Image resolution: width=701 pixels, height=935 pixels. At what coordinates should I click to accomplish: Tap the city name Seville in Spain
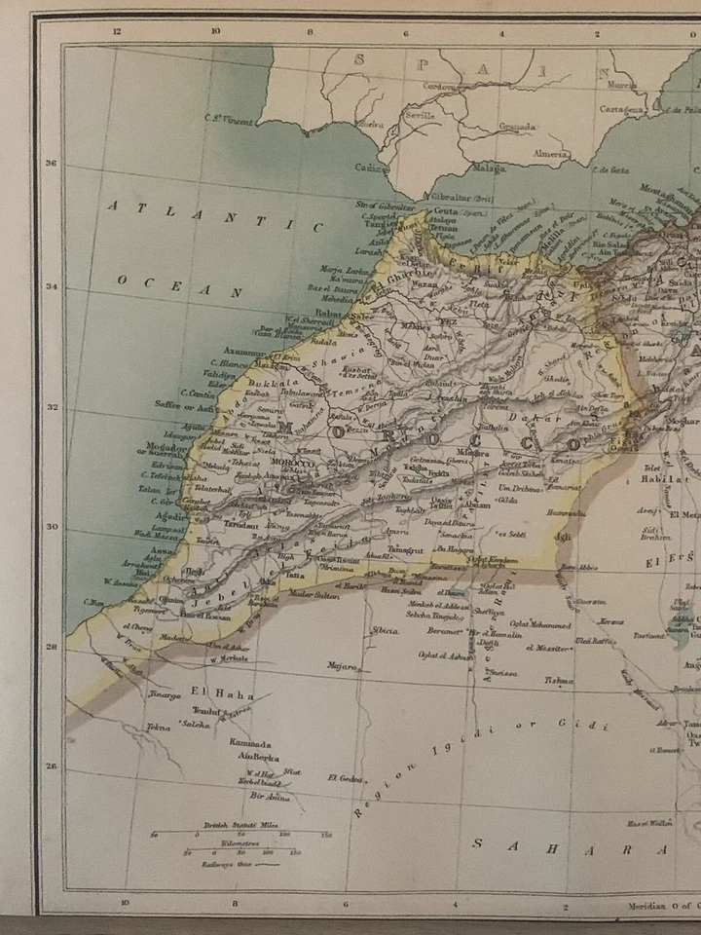click(420, 115)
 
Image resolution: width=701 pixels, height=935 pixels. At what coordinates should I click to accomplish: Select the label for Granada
click(517, 127)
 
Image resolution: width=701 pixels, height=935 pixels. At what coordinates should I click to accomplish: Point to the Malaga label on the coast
click(491, 168)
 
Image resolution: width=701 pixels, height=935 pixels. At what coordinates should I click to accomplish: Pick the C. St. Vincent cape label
click(230, 121)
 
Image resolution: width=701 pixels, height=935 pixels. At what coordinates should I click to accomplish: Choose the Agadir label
click(168, 516)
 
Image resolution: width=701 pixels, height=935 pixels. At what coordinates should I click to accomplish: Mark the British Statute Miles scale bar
click(240, 835)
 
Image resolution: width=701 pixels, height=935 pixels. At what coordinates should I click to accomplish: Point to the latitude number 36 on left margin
click(51, 163)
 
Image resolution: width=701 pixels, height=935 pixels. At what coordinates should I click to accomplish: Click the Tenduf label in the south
click(208, 712)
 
